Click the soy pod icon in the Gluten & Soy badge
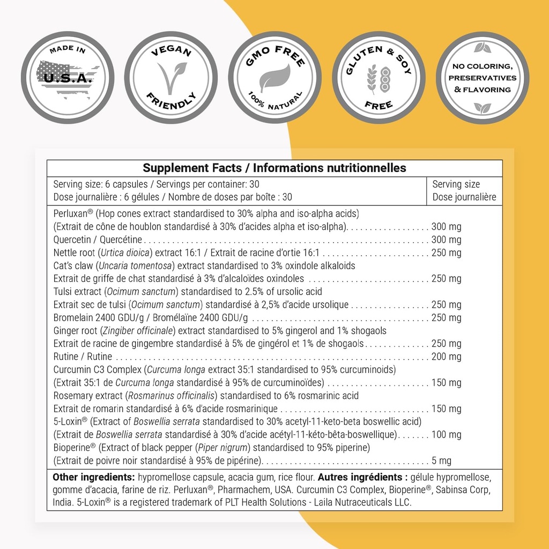tap(384, 79)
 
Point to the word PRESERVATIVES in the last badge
tap(483, 78)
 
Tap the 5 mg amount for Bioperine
tap(441, 461)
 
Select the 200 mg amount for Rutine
tap(446, 357)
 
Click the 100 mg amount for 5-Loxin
tap(446, 435)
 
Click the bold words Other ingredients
tap(93, 477)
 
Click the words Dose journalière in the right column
tap(464, 197)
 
